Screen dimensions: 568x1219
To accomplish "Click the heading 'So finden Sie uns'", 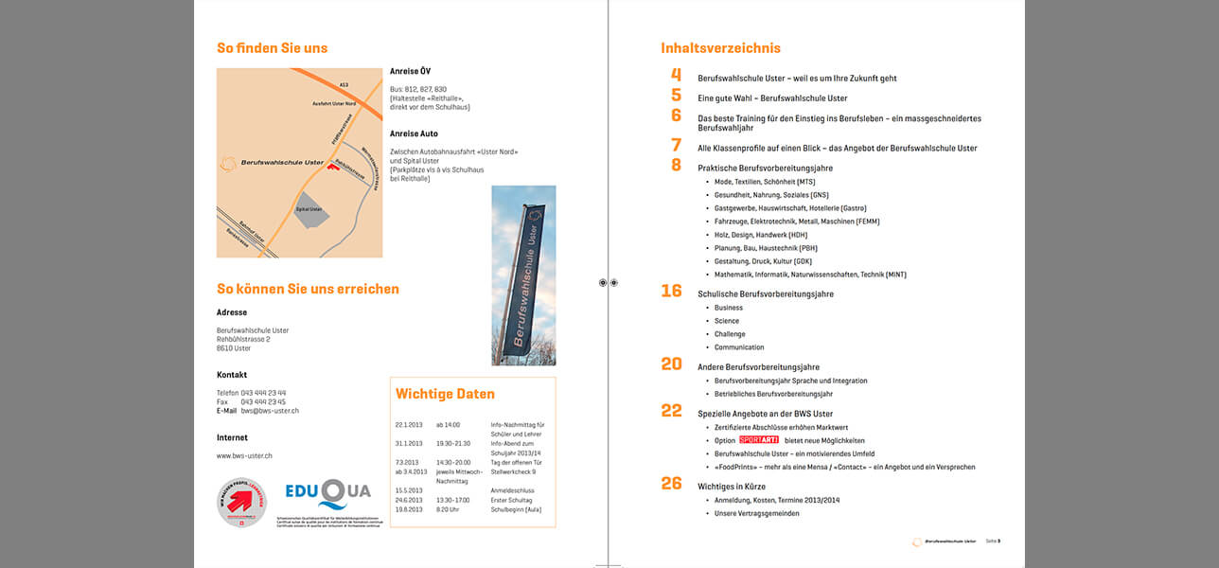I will [272, 48].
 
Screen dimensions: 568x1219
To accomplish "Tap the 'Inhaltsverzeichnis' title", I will [720, 48].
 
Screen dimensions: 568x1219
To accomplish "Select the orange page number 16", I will [671, 291].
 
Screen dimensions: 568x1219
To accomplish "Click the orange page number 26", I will [671, 484].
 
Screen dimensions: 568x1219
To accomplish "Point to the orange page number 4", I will [676, 75].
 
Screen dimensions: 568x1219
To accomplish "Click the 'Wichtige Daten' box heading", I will [445, 394].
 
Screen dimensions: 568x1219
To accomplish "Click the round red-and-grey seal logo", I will [241, 502].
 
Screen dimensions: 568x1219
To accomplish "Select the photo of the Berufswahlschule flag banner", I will [523, 275].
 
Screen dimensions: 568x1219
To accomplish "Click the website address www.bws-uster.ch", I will [244, 456].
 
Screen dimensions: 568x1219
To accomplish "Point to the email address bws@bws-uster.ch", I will [270, 411].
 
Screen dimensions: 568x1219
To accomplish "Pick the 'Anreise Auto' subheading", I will [414, 133].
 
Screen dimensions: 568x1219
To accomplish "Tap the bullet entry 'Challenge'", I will [730, 334].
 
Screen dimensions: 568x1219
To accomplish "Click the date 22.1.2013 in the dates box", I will [410, 425].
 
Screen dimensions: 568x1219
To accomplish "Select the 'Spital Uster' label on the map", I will [309, 209].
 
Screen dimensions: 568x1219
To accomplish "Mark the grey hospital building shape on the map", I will [310, 211].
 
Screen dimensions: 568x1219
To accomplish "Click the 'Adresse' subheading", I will [232, 312].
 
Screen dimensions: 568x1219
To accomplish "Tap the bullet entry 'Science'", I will [727, 321].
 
